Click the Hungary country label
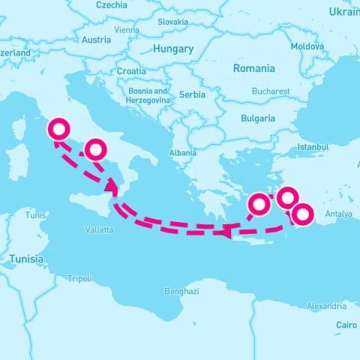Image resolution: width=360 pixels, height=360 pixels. click(x=172, y=49)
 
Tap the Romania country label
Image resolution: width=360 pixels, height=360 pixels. click(x=253, y=68)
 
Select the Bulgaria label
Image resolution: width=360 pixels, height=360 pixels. click(x=257, y=118)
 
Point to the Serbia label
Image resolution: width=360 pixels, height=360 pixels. click(x=192, y=95)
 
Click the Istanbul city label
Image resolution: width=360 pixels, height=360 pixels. click(x=313, y=147)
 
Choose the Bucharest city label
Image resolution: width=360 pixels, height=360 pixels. click(x=271, y=91)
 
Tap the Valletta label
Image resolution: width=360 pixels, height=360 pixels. click(x=100, y=229)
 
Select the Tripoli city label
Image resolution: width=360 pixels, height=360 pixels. click(x=79, y=278)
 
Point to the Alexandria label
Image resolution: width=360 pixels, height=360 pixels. click(x=326, y=306)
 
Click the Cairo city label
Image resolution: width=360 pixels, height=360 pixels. click(x=346, y=325)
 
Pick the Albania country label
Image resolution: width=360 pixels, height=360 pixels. click(x=183, y=152)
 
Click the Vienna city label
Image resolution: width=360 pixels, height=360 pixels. click(x=127, y=31)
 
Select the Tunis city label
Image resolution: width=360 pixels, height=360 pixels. click(x=36, y=214)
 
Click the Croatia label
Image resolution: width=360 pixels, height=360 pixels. click(x=131, y=71)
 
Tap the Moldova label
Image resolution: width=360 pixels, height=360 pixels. click(x=307, y=46)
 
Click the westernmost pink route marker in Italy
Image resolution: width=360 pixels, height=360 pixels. click(x=58, y=130)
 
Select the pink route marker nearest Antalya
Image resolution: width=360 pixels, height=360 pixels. click(x=302, y=214)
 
